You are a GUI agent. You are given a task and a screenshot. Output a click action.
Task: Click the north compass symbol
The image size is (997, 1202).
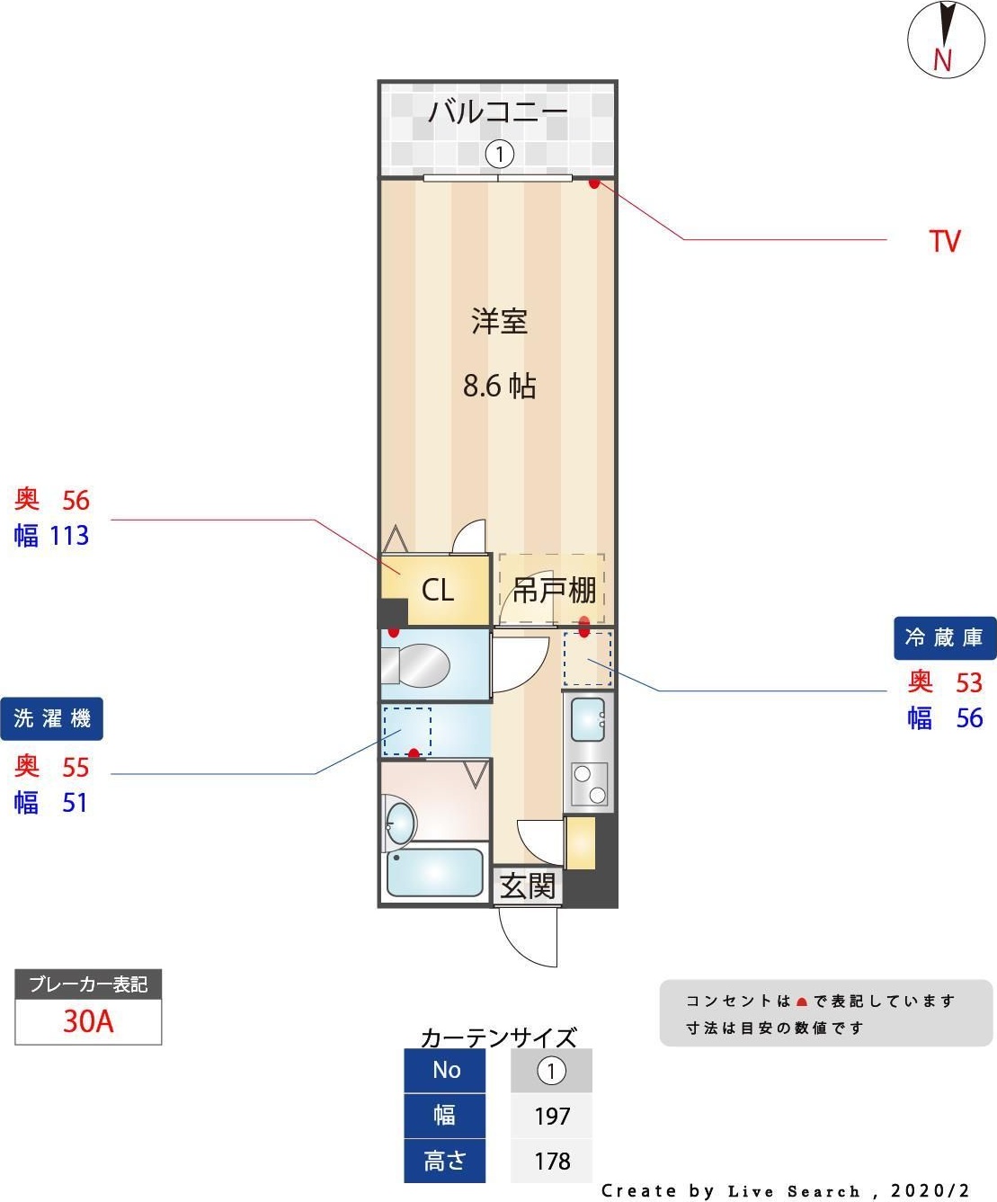click(x=946, y=40)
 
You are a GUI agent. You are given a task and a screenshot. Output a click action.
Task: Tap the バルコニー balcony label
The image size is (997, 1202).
click(x=497, y=112)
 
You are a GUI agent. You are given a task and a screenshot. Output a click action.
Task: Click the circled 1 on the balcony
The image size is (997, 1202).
click(x=500, y=155)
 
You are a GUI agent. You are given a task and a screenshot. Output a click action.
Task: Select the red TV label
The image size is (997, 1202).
click(x=944, y=241)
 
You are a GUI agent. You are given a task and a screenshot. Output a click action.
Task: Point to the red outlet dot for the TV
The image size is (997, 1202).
click(x=594, y=183)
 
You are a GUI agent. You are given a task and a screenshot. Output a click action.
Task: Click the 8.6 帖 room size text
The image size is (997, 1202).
click(x=499, y=386)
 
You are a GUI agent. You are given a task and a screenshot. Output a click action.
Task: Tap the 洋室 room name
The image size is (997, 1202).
click(x=499, y=321)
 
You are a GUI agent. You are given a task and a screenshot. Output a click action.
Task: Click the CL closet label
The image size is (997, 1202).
click(x=438, y=591)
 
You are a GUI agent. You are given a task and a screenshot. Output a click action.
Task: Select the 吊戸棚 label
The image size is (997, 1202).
click(x=554, y=591)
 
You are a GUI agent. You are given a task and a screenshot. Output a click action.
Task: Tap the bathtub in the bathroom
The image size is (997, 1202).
click(x=434, y=873)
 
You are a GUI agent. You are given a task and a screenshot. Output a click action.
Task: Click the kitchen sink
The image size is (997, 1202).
click(x=588, y=717)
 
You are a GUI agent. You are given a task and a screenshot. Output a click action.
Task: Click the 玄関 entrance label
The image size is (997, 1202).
click(x=528, y=886)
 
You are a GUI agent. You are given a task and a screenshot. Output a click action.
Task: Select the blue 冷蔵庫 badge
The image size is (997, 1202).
click(x=944, y=637)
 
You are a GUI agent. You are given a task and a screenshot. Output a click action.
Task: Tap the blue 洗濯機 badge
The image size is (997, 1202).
click(x=52, y=718)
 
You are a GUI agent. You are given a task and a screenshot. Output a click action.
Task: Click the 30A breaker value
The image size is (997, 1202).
click(x=88, y=1021)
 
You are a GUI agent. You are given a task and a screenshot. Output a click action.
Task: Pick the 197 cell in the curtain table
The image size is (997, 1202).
click(x=552, y=1116)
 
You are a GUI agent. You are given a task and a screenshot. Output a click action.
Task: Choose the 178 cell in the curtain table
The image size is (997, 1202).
click(x=552, y=1161)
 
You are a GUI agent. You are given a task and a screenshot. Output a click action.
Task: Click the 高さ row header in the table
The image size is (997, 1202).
click(x=445, y=1161)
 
